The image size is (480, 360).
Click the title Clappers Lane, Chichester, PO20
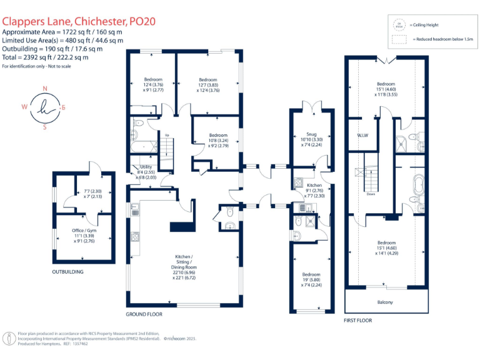click(x=79, y=21)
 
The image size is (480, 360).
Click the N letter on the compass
click(x=44, y=89)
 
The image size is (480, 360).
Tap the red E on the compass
click(x=63, y=107)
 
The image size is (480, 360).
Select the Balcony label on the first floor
click(x=385, y=302)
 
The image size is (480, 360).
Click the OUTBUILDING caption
click(x=67, y=272)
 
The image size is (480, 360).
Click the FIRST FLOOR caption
click(x=358, y=320)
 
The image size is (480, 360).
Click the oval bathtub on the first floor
click(x=417, y=185)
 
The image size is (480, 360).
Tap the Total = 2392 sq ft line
click(x=45, y=57)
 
